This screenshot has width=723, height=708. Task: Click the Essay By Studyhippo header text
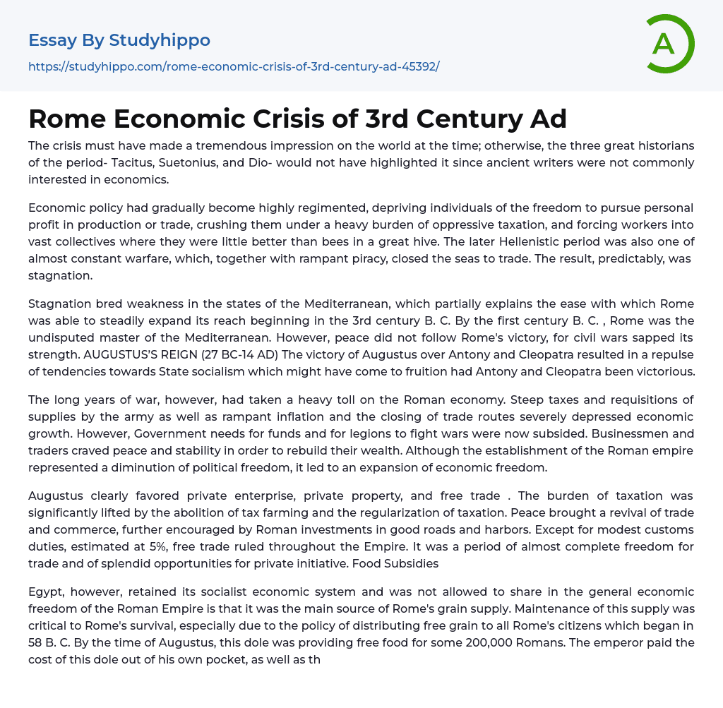pyautogui.click(x=119, y=40)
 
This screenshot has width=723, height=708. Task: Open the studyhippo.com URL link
pyautogui.click(x=234, y=67)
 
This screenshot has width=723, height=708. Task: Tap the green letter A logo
pyautogui.click(x=664, y=44)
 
